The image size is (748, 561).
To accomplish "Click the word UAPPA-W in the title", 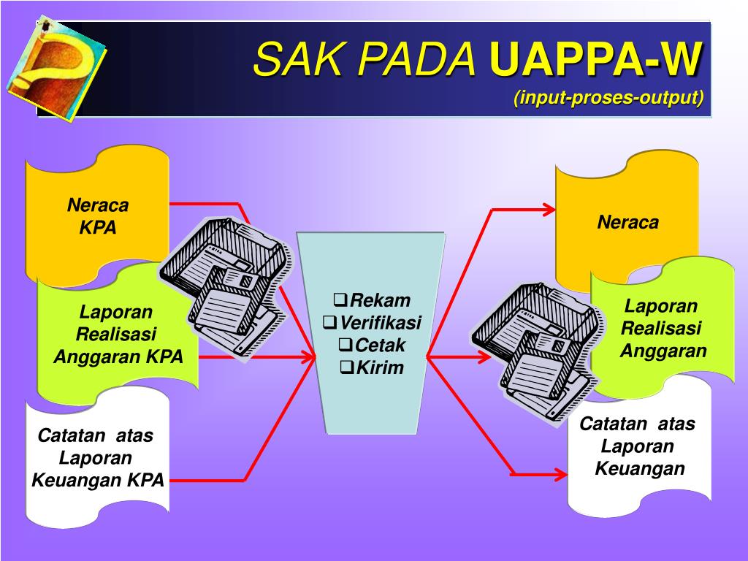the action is point(596,59).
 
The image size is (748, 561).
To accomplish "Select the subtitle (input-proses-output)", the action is point(608,98).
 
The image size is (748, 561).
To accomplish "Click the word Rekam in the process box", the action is point(380,300).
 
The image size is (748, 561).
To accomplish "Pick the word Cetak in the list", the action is point(380,345).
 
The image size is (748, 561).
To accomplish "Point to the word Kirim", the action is point(380,367).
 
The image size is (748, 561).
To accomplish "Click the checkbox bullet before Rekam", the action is point(340,299).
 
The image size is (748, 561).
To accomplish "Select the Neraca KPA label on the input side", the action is point(98,216).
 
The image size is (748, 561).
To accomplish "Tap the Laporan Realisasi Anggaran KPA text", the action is point(118,335).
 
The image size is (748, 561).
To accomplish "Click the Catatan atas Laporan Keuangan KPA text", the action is point(97,458).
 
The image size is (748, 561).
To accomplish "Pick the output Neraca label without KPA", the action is point(627,222).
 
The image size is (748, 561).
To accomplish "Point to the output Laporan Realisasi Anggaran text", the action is point(662,329).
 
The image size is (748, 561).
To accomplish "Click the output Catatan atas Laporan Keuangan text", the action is point(638,446).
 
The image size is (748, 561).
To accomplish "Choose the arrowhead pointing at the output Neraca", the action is point(547,210).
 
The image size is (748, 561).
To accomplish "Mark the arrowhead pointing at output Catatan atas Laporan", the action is point(559,474).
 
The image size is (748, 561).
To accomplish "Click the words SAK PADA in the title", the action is point(365,59).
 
